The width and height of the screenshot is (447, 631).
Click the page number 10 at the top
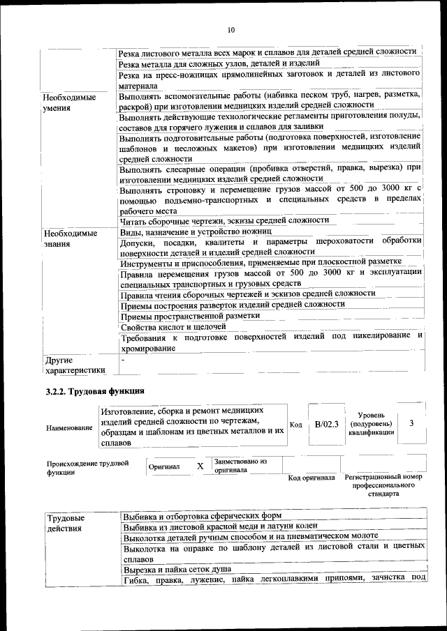[231, 30]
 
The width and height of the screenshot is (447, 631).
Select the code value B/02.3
[326, 425]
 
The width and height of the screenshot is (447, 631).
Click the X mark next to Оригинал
[200, 466]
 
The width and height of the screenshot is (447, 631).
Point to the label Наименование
[69, 427]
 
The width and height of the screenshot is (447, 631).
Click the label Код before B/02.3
[295, 425]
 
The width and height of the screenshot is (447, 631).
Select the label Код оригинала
[312, 478]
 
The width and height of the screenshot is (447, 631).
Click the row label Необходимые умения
[70, 103]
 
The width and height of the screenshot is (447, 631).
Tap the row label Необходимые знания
[70, 238]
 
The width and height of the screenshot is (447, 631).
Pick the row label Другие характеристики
[74, 365]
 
